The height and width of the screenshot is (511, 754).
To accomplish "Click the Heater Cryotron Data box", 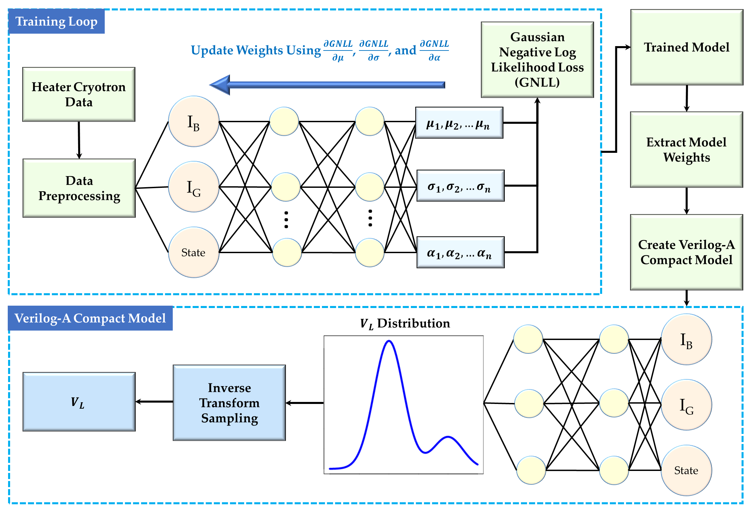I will [x=78, y=94].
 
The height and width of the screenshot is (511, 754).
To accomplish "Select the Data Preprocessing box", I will [x=79, y=188].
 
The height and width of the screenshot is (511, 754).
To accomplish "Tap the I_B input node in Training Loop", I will [x=194, y=122].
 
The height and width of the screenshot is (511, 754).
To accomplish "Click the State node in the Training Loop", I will [x=194, y=252].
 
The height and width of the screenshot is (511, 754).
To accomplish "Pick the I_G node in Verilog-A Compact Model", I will [x=686, y=405].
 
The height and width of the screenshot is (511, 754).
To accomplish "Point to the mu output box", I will [x=459, y=123].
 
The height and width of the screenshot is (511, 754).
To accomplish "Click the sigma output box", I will [x=460, y=186].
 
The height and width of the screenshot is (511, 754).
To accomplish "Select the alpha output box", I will [x=460, y=252].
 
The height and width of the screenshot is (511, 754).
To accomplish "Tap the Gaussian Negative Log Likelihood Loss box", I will [x=537, y=60].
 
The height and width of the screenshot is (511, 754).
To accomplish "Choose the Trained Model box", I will [x=686, y=47].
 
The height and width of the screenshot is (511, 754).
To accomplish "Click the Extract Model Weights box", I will [x=686, y=150].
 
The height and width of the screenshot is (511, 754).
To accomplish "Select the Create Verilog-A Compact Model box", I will [x=686, y=252].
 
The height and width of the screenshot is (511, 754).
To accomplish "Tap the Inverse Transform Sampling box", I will [x=229, y=403].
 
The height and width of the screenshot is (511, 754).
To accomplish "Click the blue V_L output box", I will [x=79, y=402].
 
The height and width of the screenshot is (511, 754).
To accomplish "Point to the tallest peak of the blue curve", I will [x=389, y=341].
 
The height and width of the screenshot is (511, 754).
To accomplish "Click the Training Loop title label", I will [x=56, y=22].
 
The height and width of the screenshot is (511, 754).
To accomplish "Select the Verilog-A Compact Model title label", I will [x=90, y=318].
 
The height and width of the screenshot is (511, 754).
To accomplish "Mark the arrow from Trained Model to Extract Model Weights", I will [x=687, y=98].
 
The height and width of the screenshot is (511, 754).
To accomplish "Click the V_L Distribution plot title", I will [x=404, y=323].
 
